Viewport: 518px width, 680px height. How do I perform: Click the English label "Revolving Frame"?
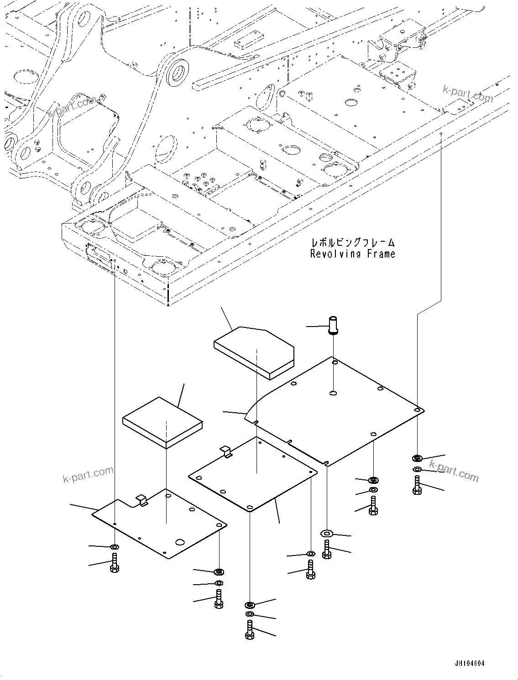coord(352,254)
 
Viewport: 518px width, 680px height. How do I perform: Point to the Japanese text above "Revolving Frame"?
coord(352,242)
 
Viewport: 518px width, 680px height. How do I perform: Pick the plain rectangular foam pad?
coord(162,421)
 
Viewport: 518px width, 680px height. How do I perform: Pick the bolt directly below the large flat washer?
coord(326,549)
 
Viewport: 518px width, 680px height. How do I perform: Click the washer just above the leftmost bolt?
coord(114,546)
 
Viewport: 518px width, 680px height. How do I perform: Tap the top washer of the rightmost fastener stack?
coord(417,457)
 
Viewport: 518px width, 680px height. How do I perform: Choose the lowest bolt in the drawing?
coord(249,630)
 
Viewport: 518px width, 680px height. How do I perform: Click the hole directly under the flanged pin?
coord(333,393)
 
